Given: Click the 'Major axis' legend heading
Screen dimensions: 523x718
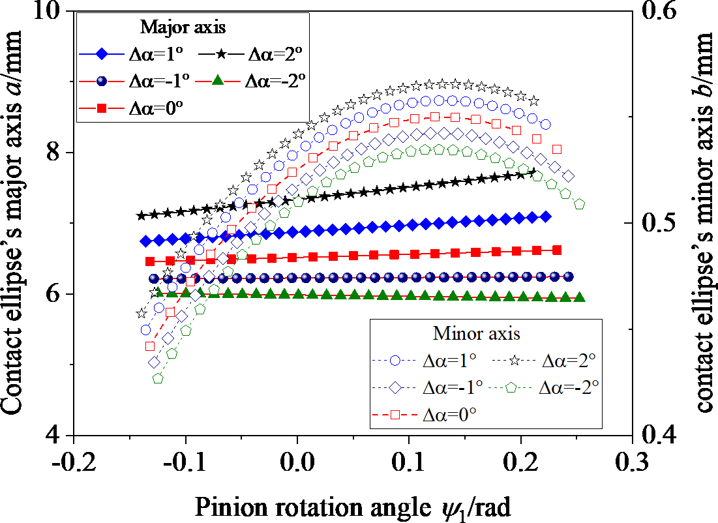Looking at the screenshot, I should point(183,28).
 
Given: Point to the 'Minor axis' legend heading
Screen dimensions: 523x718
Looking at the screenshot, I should point(477,333).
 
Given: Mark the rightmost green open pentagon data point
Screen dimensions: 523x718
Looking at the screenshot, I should point(579,205).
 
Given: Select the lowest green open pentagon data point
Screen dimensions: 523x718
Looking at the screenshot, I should point(157,378).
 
